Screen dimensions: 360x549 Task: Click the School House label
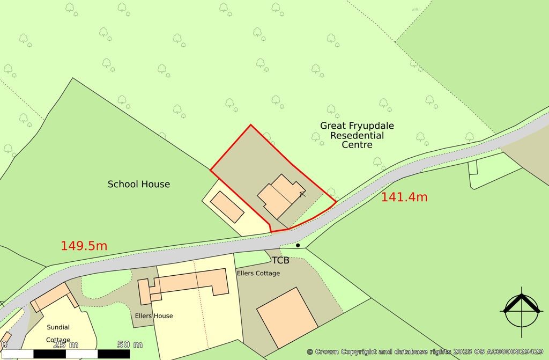click(x=139, y=184)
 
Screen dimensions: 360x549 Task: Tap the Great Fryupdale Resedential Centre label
click(x=357, y=135)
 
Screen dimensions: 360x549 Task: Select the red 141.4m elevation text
click(x=404, y=197)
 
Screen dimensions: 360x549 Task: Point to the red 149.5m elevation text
click(x=84, y=246)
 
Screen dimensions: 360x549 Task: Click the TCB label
click(x=280, y=261)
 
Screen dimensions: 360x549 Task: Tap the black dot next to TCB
click(x=298, y=245)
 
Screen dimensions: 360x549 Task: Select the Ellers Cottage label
click(x=258, y=273)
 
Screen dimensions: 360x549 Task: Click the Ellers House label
click(x=154, y=316)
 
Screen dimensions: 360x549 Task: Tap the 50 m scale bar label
click(x=130, y=344)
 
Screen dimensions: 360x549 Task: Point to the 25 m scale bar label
click(x=66, y=344)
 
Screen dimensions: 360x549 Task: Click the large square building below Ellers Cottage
click(x=287, y=317)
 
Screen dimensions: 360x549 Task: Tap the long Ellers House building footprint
click(x=188, y=283)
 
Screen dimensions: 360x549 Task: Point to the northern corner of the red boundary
click(x=250, y=125)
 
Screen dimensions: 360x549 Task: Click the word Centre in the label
click(x=357, y=145)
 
